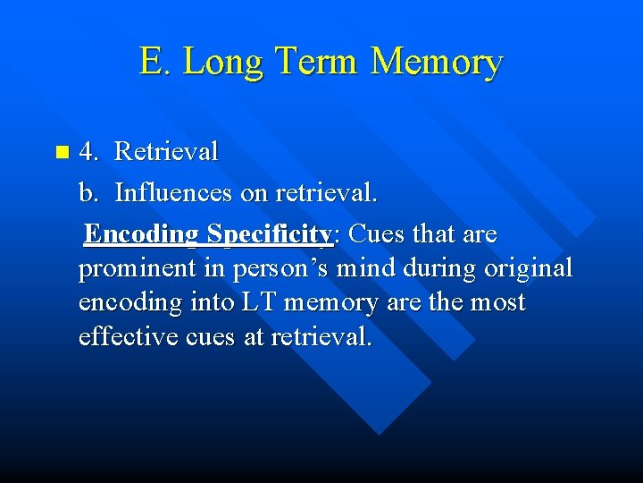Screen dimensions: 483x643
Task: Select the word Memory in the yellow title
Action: coord(436,62)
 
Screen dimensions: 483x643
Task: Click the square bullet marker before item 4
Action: coord(60,153)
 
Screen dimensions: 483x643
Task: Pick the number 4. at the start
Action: coord(88,152)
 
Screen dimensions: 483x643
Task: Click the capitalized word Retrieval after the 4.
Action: coord(166,152)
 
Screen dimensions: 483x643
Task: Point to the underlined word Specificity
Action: coord(269,234)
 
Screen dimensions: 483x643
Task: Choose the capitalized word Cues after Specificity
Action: coord(375,234)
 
